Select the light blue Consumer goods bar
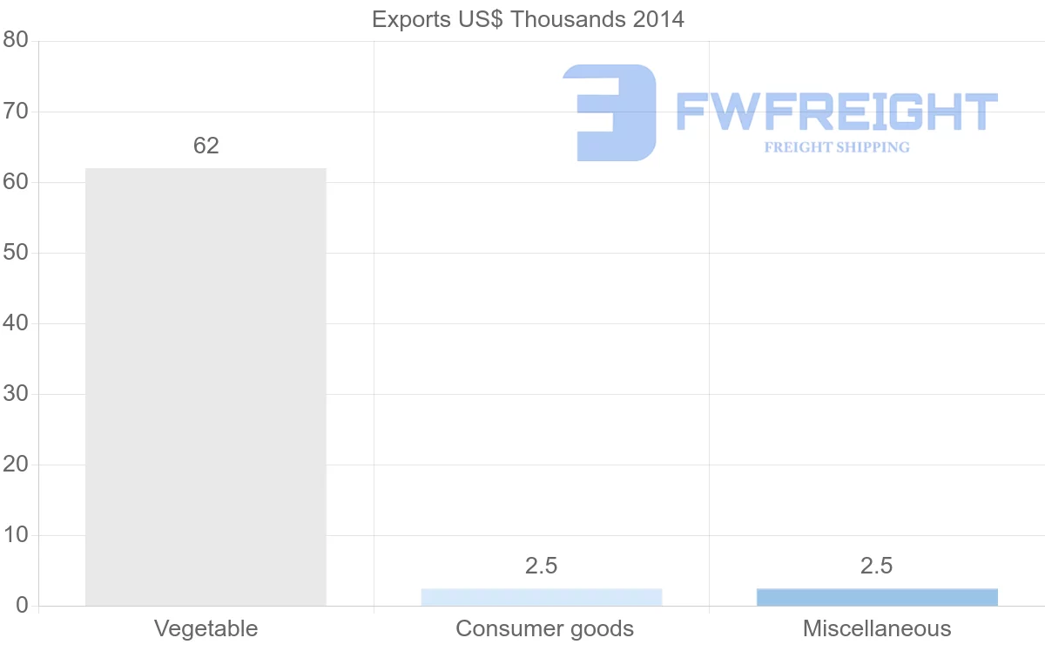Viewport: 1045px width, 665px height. click(541, 597)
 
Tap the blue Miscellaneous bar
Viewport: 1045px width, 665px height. click(877, 597)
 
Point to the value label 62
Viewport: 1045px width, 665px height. click(206, 146)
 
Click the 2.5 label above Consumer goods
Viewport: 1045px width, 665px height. click(541, 566)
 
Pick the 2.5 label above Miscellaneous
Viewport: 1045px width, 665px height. click(877, 566)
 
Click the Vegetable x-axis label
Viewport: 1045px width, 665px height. click(206, 628)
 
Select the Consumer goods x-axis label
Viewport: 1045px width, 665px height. click(544, 628)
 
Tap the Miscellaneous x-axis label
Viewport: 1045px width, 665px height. click(877, 628)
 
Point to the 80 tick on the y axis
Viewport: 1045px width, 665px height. click(16, 41)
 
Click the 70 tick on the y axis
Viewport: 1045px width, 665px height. click(16, 112)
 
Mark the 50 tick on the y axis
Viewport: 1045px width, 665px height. click(16, 253)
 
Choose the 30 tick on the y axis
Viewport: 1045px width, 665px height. click(16, 394)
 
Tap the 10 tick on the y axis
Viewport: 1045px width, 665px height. click(16, 535)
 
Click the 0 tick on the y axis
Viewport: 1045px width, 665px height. click(22, 606)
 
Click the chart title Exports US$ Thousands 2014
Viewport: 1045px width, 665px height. click(528, 19)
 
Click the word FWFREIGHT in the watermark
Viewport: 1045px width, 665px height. click(836, 112)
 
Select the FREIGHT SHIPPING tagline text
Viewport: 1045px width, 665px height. click(837, 147)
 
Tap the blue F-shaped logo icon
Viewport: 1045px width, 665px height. click(610, 112)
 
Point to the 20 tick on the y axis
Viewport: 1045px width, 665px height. click(16, 465)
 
